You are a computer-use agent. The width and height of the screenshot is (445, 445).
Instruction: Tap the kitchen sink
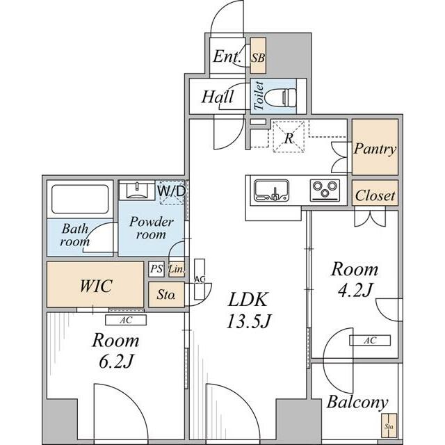coord(271,190)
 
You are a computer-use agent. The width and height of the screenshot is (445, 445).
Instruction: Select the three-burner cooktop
coord(325,190)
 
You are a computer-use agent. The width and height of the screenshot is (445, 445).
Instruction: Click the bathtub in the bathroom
coord(80,200)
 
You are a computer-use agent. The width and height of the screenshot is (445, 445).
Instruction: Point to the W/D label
coord(172,191)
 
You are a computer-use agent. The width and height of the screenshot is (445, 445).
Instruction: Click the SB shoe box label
coord(258,58)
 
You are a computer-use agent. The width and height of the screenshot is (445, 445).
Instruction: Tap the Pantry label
coord(375,149)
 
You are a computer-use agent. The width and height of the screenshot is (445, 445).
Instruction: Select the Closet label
coord(375,195)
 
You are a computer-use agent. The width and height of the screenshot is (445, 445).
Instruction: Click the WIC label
coord(96,286)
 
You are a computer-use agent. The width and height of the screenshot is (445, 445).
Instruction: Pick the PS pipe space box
coord(156,269)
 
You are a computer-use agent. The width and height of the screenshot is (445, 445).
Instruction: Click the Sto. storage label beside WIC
coord(165,295)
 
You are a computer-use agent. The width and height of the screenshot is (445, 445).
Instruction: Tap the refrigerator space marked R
coord(289,137)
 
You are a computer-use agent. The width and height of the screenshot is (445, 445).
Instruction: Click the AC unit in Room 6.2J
coord(126,320)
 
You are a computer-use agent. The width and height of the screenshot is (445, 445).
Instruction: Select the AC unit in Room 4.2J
coord(370,340)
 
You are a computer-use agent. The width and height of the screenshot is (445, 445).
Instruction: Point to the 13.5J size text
coord(249,321)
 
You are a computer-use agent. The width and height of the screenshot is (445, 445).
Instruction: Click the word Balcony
coord(357,403)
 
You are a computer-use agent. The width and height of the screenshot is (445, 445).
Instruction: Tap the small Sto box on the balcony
coord(389,426)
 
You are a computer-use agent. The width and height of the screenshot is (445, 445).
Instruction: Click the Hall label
coord(218,97)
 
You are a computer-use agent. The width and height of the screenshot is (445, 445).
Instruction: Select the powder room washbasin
coord(137,191)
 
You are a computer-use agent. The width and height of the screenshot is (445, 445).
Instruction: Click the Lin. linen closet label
coord(177,269)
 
